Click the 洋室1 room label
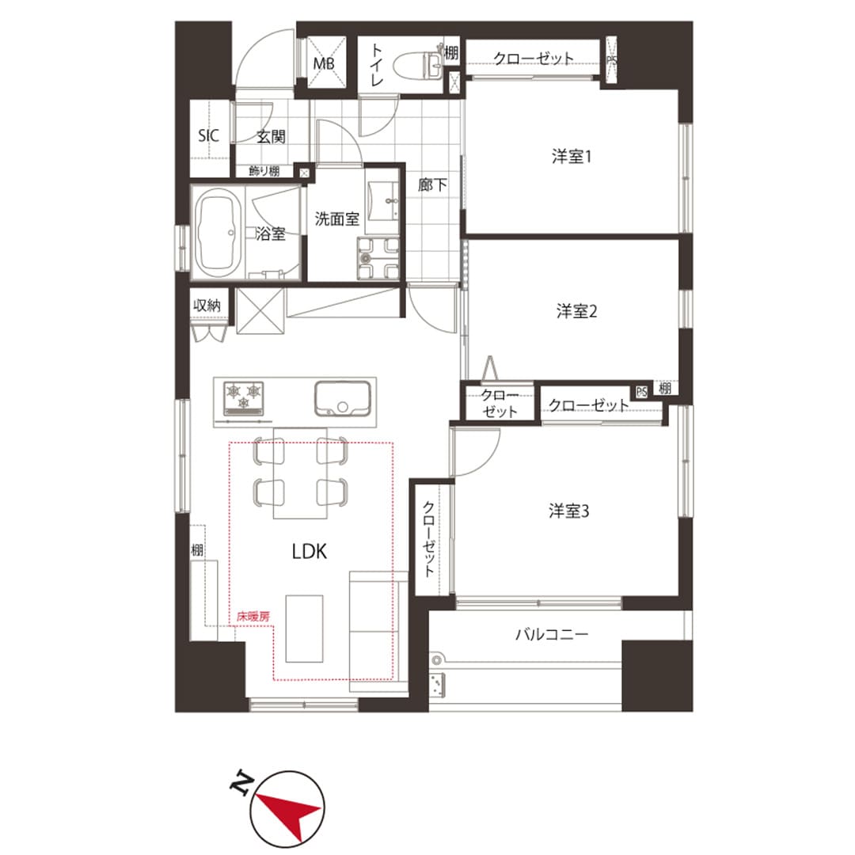pos(571,157)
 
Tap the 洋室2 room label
pos(576,311)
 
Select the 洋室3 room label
pos(568,511)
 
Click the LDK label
pos(310,551)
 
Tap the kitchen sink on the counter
pos(343,398)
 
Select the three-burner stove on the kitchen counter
pos(243,397)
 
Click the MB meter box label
pos(323,64)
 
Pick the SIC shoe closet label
pos(208,135)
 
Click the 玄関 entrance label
pos(271,136)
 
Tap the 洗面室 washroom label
pos(337,218)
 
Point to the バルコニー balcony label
pos(552,634)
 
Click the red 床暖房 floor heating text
pos(253,617)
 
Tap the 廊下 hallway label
pos(432,184)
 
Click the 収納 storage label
pos(207,306)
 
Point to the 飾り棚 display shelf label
pos(264,171)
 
